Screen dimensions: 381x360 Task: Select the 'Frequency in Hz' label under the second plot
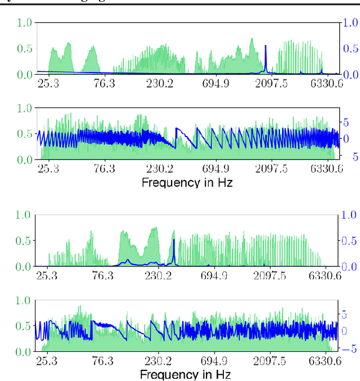[187, 183]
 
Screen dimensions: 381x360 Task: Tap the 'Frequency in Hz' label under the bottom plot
[185, 374]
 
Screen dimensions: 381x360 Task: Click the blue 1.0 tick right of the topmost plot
[350, 22]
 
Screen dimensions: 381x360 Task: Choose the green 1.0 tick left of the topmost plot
[24, 23]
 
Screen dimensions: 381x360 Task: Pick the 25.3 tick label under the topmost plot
[49, 84]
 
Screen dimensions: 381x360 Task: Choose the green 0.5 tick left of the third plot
[24, 241]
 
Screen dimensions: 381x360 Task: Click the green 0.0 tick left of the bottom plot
[24, 352]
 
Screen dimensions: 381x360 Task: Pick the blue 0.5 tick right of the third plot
[350, 241]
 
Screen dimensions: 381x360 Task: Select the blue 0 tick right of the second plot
[346, 138]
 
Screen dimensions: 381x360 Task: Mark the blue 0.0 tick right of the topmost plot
[350, 75]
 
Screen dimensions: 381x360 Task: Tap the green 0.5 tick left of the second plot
[24, 134]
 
